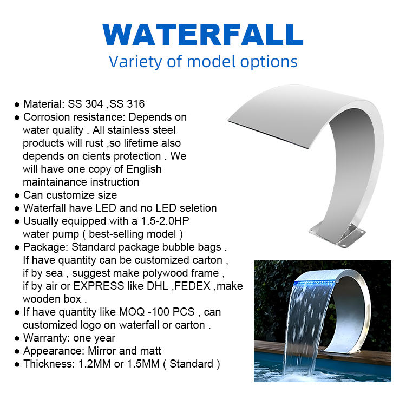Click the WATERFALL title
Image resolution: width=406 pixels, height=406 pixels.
click(203, 35)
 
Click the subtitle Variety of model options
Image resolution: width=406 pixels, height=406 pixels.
click(203, 62)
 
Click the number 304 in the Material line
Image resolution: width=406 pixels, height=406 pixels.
click(94, 104)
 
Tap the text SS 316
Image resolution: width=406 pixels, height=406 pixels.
click(127, 104)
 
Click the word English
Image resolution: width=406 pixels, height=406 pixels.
click(143, 169)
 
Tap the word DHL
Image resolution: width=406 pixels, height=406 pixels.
click(158, 286)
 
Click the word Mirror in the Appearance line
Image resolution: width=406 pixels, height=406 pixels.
click(102, 351)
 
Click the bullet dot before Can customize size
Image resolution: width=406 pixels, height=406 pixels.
click(17, 195)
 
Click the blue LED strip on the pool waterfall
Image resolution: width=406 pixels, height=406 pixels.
click(315, 283)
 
